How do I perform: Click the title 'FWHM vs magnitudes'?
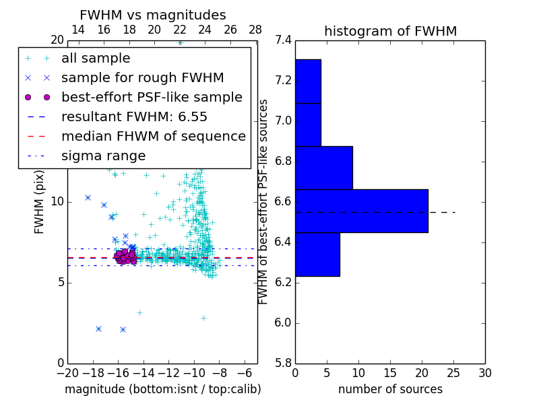(153, 15)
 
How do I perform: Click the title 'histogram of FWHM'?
(390, 31)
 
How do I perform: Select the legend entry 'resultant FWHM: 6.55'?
(134, 116)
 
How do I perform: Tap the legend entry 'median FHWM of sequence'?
(153, 136)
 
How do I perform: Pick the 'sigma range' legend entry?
(103, 156)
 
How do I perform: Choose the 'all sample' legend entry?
(96, 58)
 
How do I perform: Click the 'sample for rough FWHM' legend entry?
(142, 77)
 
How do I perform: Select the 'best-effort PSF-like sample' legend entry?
(152, 97)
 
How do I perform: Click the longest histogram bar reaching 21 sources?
(361, 211)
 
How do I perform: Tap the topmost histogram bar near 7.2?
(308, 81)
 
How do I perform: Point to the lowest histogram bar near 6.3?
(317, 254)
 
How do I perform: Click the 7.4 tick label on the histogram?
(283, 40)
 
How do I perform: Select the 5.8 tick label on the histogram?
(283, 363)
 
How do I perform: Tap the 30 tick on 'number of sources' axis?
(484, 373)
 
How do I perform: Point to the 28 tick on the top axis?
(255, 30)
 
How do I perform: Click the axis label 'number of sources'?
(390, 389)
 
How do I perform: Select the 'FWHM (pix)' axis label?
(40, 201)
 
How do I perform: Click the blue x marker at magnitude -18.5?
(88, 197)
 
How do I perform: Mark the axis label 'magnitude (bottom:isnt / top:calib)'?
(162, 389)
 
